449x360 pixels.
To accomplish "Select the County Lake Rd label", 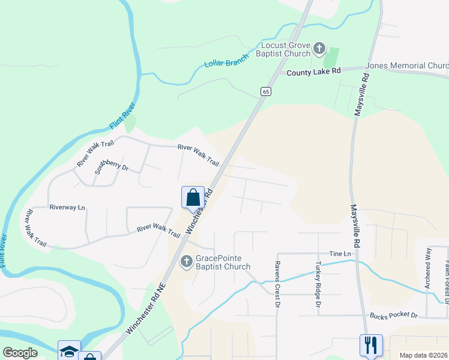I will pos(313,71).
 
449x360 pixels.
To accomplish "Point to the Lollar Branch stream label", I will pos(226,62).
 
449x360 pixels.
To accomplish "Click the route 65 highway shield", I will pos(266,91).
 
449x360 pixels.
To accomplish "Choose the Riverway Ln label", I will pos(67,207).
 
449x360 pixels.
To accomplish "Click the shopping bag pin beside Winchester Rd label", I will pos(192,197).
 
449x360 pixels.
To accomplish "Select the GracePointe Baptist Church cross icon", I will pos(186,262).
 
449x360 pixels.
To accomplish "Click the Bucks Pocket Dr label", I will pos(394,314).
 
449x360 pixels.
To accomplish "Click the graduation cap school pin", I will pos(68,350).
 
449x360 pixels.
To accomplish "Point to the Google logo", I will pos(20,353).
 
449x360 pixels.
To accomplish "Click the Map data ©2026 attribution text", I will pos(423,355).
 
